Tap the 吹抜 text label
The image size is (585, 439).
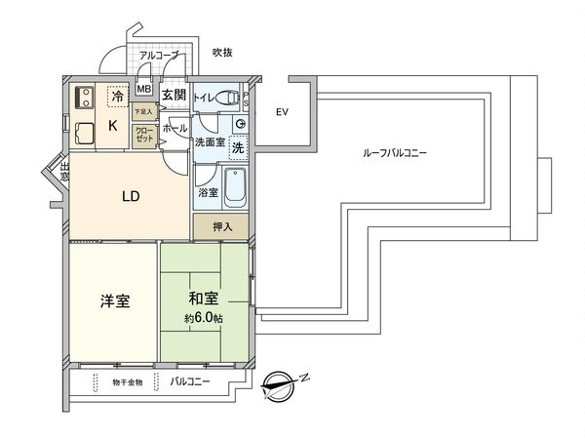point(222,53)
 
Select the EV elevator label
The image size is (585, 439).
point(282,112)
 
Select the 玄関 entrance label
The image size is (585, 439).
point(174,95)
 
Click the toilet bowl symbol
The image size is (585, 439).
point(228,97)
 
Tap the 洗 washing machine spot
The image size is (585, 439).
point(238,149)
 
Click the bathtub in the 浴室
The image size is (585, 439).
point(235,187)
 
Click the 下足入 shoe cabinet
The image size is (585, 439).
point(143,112)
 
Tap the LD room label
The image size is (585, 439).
point(131,196)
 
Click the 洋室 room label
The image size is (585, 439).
point(116,301)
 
